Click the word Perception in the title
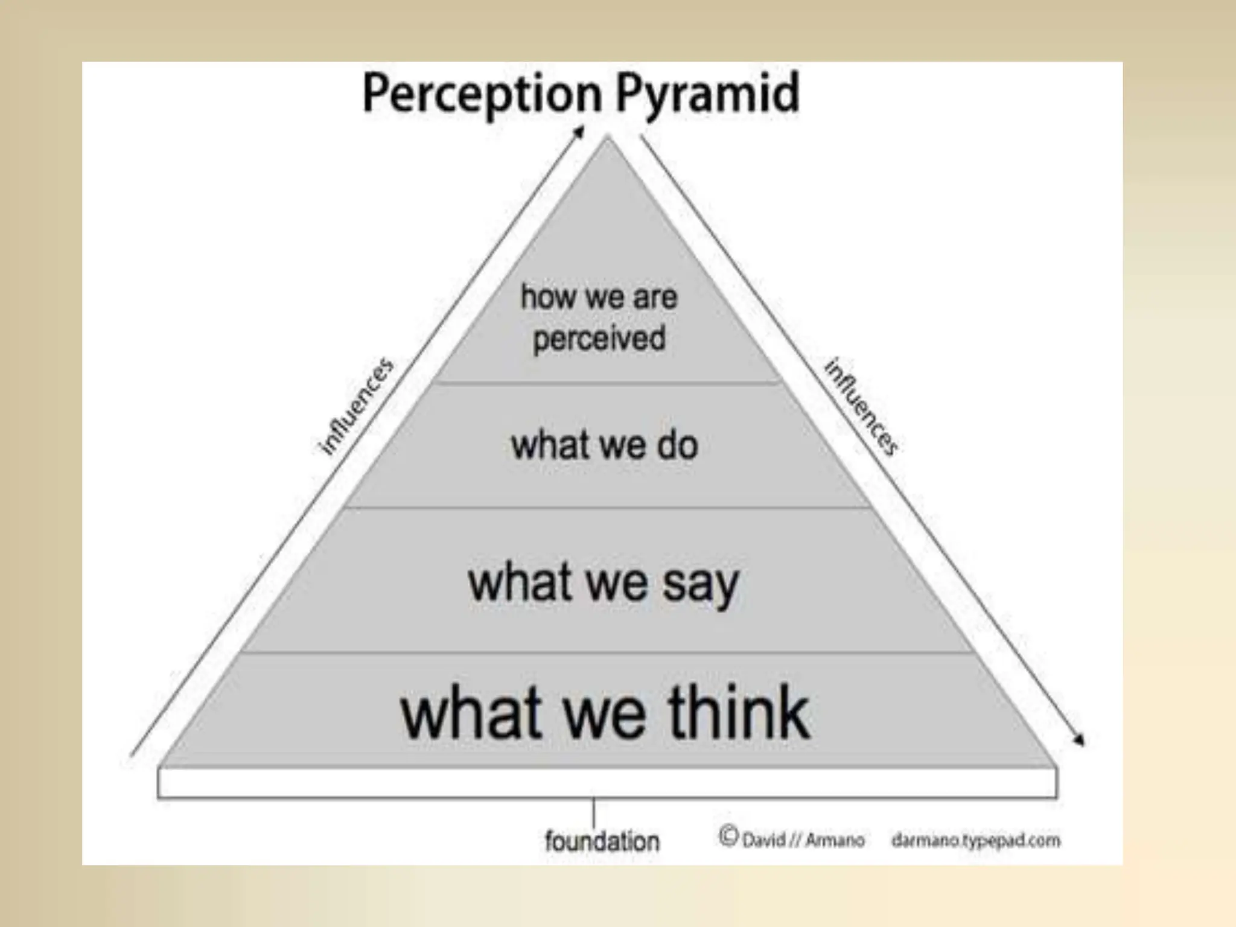482,94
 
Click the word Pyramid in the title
707,94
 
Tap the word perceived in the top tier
599,337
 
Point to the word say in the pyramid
701,584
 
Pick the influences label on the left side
356,407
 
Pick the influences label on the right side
861,407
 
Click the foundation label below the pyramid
602,841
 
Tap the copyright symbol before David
728,836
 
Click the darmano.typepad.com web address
975,840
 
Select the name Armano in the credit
835,840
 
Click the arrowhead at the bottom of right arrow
1079,740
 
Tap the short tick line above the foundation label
593,812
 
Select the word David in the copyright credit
763,840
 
